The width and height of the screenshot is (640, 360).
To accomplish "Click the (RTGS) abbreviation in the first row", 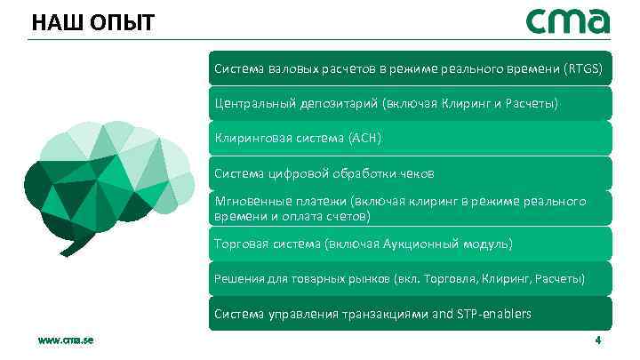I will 583,68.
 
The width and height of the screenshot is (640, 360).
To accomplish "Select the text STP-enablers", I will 493,313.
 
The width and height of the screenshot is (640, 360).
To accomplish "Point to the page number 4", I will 598,341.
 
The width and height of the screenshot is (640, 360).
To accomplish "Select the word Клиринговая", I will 252,139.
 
